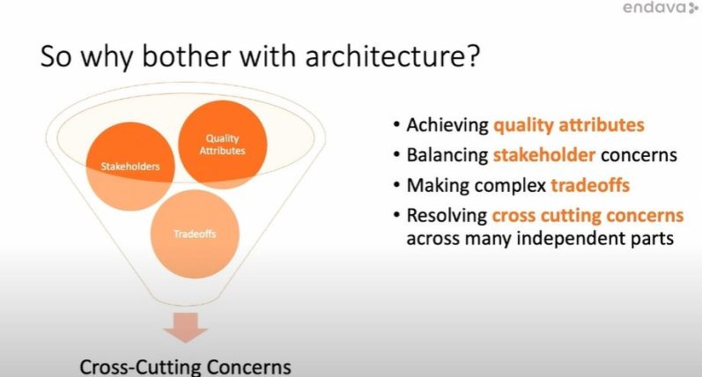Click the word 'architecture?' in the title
393,56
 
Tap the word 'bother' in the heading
186,56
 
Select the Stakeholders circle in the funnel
129,166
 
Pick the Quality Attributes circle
223,144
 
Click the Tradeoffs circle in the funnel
195,233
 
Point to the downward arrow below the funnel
185,328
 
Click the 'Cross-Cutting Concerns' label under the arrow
185,367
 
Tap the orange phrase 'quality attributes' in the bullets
569,125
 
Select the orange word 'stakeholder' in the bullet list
544,155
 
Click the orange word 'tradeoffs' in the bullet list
590,185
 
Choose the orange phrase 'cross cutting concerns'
587,215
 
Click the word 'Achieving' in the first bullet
447,125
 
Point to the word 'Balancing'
447,155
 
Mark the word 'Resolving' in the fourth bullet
447,216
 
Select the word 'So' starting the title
55,56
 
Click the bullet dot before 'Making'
396,183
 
